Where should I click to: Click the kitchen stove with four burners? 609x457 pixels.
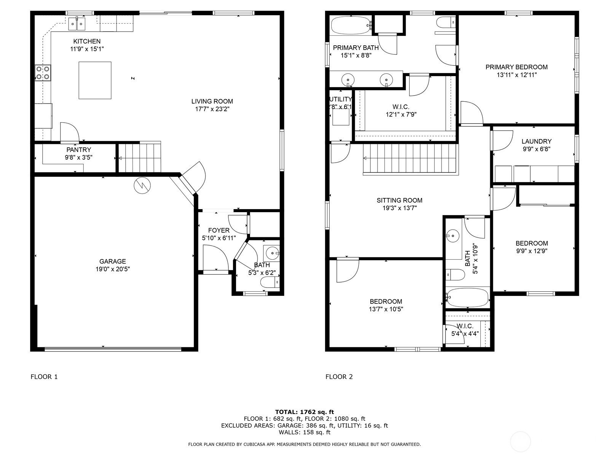(43, 73)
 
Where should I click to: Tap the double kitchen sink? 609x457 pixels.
(77, 24)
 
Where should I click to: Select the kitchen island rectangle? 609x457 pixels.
(95, 80)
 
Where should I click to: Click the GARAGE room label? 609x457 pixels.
(113, 261)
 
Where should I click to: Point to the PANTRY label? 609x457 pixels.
(79, 150)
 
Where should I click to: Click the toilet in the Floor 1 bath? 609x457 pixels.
(270, 283)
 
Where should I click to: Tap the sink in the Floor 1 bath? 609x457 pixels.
(272, 253)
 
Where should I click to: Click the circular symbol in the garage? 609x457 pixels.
(142, 185)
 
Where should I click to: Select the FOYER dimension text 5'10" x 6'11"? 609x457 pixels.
(219, 238)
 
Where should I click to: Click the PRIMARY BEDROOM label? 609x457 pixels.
(517, 67)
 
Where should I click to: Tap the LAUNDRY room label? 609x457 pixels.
(537, 141)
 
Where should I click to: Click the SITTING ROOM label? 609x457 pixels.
(400, 200)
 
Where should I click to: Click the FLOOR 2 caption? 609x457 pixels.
(339, 377)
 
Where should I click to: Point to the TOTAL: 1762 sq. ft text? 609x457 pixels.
(304, 412)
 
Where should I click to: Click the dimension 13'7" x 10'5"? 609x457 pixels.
(386, 309)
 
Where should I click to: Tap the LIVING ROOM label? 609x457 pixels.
(212, 101)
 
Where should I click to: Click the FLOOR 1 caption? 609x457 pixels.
(44, 377)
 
